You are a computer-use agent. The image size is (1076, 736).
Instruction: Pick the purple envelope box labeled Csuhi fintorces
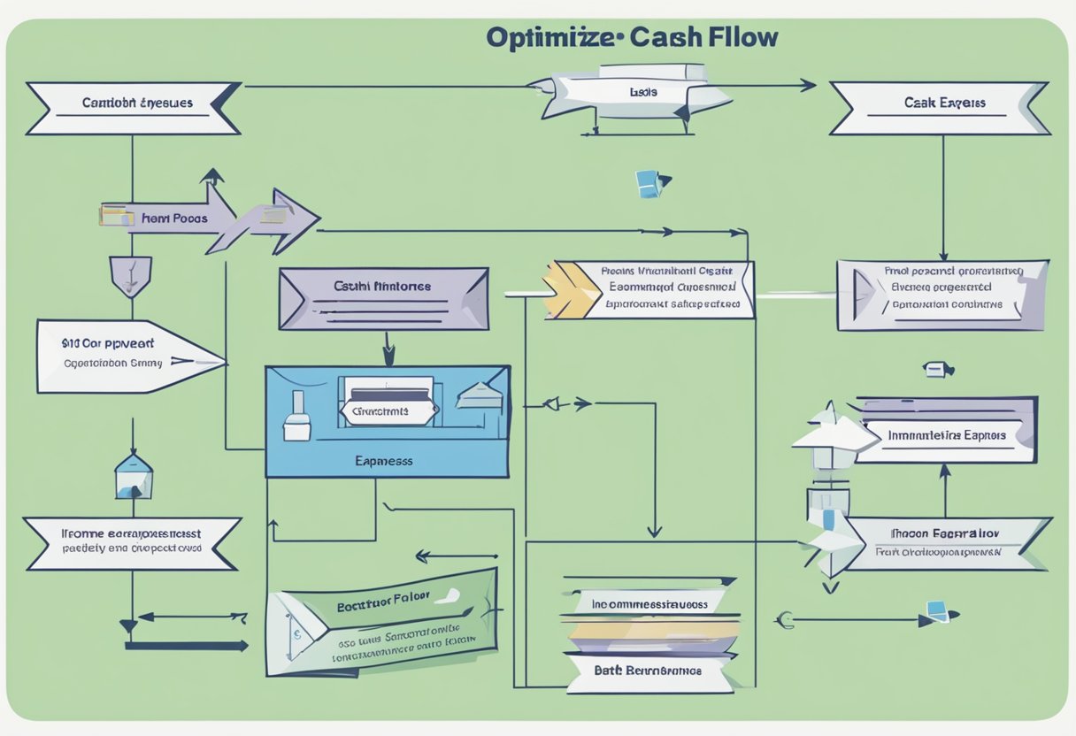pos(383,298)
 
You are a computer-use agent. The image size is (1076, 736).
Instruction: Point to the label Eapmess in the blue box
pos(384,461)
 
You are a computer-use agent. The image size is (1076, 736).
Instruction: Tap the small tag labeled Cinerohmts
pos(387,411)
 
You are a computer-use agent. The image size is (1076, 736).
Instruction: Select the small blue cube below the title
pos(648,183)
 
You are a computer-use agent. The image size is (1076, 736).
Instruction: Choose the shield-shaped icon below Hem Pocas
pos(130,274)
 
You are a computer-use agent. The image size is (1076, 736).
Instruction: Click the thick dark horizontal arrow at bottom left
pos(186,646)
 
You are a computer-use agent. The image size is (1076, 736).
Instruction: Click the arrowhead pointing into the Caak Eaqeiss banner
pos(807,86)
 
